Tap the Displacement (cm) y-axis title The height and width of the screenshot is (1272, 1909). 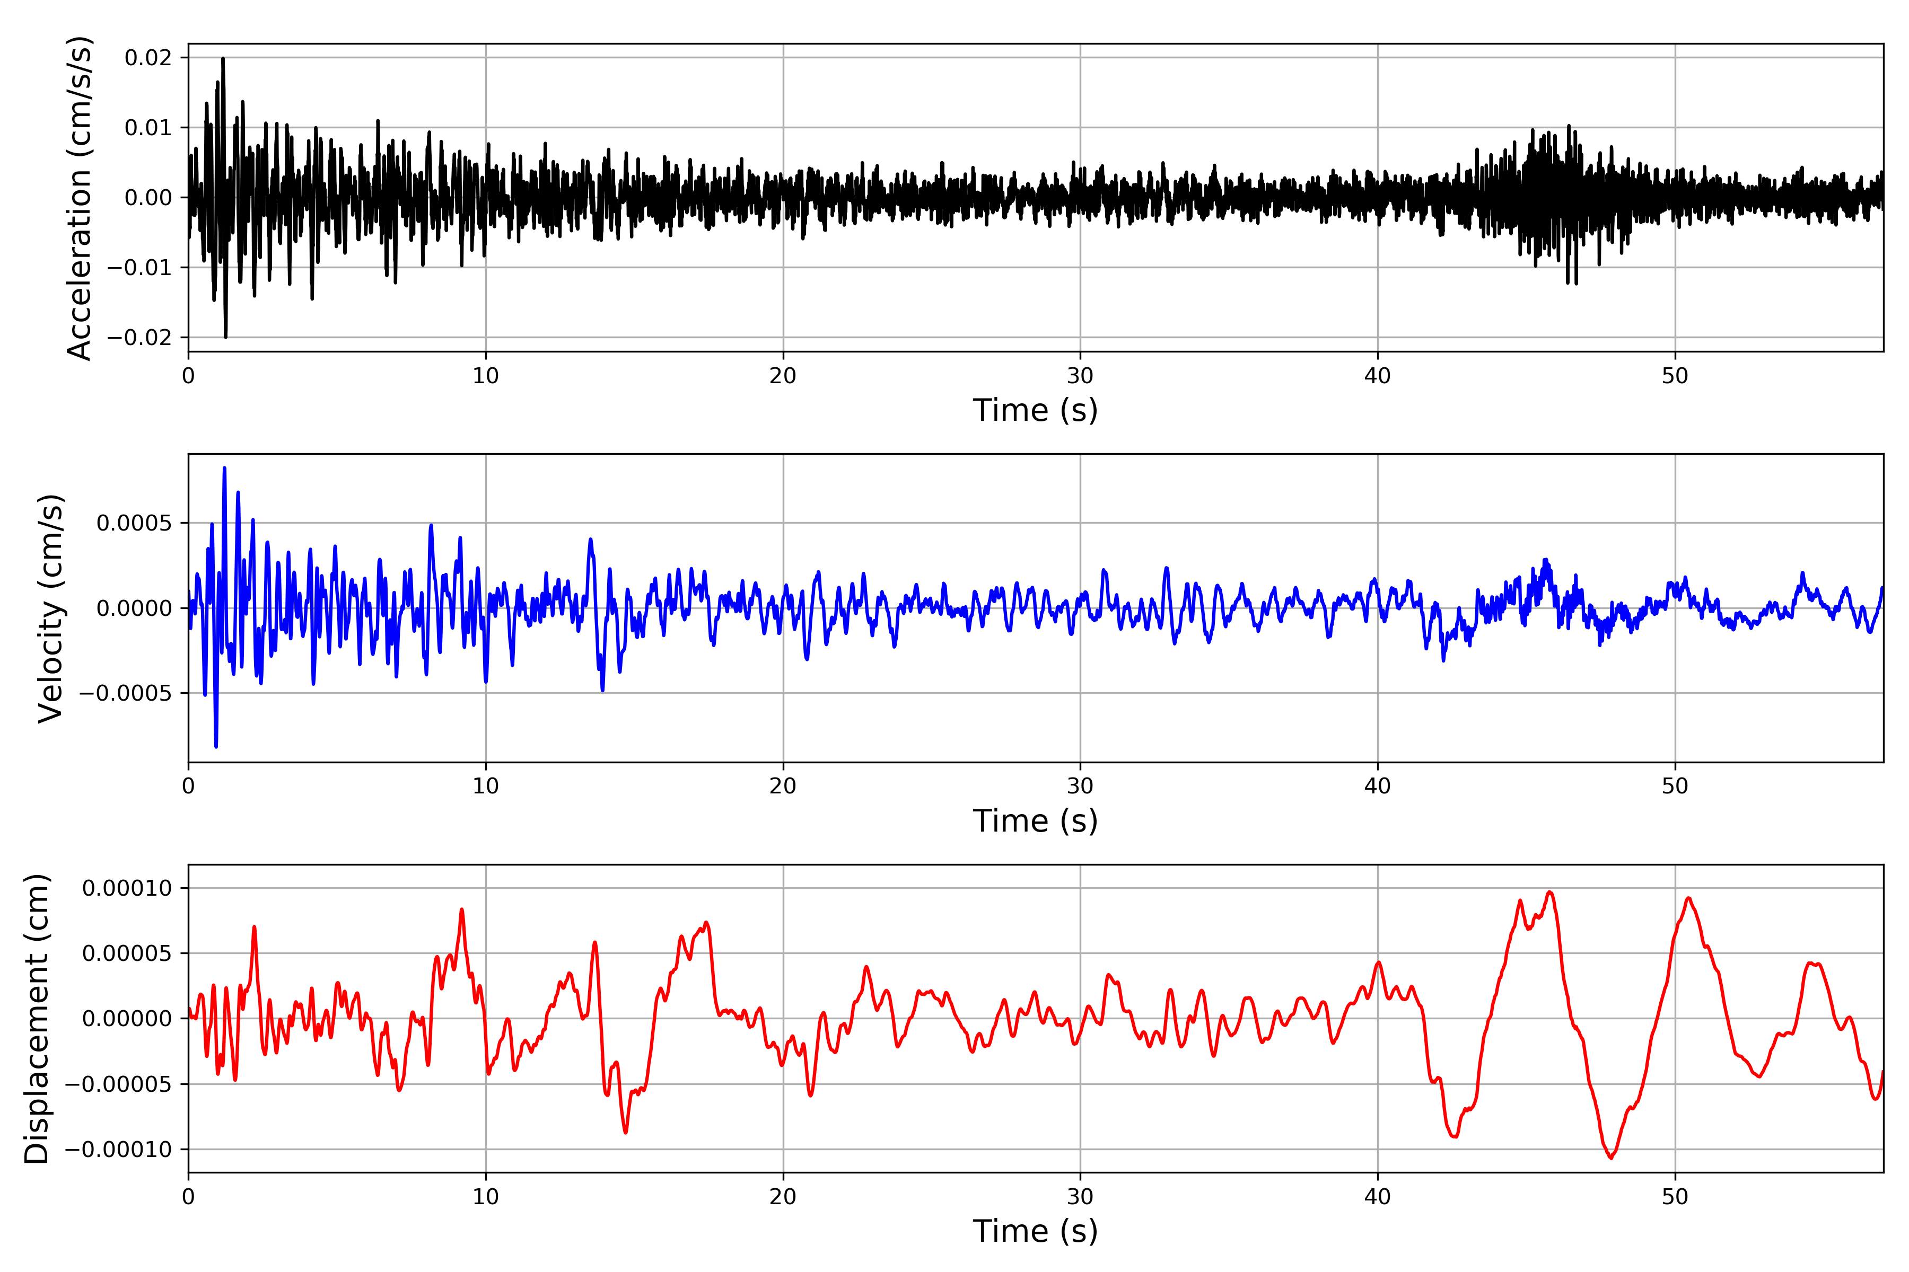[37, 1018]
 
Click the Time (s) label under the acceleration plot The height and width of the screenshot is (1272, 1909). [1035, 410]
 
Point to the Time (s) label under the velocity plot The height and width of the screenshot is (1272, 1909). [1035, 821]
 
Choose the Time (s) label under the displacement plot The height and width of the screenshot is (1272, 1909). [1035, 1231]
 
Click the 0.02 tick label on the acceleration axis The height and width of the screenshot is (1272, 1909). [148, 58]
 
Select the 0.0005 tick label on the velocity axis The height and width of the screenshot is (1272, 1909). [134, 523]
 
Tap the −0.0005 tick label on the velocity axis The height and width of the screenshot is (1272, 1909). [126, 694]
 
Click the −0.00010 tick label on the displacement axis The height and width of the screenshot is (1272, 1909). [118, 1150]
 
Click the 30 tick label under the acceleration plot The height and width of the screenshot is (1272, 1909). [1080, 376]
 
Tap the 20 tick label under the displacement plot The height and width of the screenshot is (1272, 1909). [783, 1197]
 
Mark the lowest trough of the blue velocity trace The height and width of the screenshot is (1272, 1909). [216, 746]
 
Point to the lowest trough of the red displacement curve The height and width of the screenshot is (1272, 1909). [1611, 1158]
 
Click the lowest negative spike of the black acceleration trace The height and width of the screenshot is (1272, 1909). [226, 337]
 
